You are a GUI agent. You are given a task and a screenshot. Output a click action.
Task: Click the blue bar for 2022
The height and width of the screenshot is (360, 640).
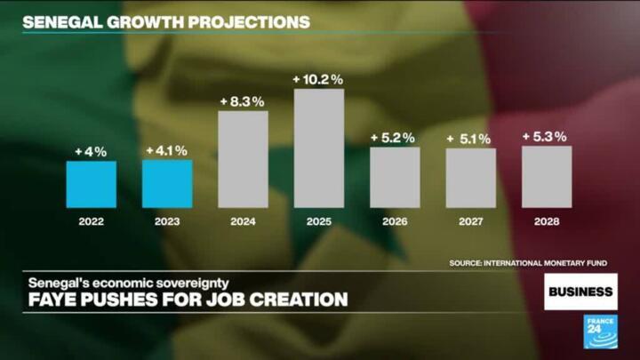point(91,184)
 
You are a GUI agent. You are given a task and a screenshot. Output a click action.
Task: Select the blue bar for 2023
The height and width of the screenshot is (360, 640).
point(167,184)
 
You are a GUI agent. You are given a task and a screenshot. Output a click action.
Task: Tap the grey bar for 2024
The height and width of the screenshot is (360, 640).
point(243,159)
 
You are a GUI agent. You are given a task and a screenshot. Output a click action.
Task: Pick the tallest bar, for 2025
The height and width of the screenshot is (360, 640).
point(318,148)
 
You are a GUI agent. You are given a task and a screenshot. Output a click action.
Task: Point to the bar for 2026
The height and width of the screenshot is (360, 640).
point(395,177)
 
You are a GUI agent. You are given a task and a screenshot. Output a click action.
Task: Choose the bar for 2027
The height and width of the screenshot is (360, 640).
point(470,178)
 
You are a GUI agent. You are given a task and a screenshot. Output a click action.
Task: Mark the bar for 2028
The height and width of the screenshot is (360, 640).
point(547,176)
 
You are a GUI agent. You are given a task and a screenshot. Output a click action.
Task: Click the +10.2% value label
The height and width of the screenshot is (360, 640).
point(318,80)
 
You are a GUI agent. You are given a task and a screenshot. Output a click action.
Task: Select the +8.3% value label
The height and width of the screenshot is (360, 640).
point(243,101)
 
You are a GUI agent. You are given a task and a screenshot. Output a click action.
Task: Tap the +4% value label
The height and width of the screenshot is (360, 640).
point(91,152)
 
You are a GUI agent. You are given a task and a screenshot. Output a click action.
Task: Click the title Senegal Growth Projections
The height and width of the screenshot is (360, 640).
point(165,20)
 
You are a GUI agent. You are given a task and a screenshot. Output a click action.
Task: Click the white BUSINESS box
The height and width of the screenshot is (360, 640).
point(580,292)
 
